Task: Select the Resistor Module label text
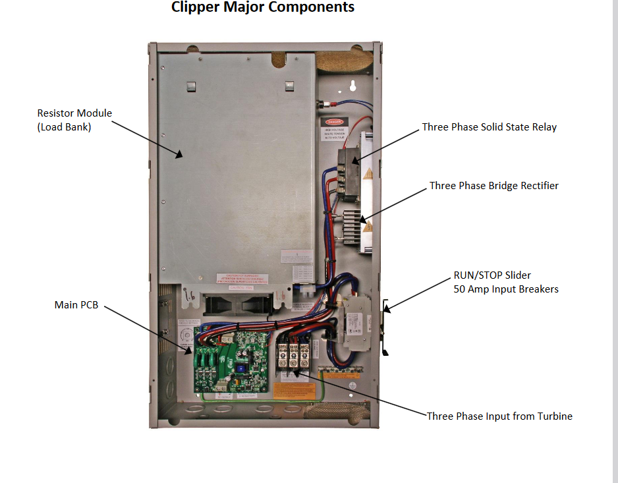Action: [x=74, y=113]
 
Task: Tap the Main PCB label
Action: [x=76, y=305]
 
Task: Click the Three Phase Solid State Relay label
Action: [x=489, y=127]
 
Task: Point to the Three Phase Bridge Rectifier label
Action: [x=493, y=186]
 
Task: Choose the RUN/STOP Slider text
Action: [x=492, y=275]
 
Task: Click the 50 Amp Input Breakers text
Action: [x=505, y=289]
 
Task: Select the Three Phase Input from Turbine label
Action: [x=499, y=416]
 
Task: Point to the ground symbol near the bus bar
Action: [x=352, y=385]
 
